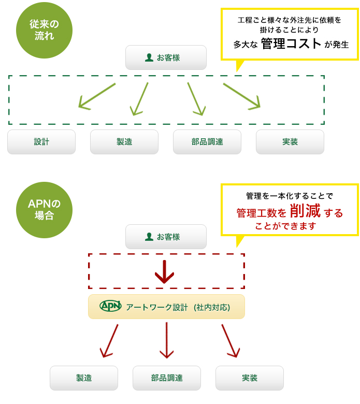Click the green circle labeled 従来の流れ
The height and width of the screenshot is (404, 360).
(x=44, y=30)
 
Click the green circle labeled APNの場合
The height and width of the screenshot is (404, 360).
(x=44, y=210)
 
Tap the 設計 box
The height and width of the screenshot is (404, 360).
(x=41, y=142)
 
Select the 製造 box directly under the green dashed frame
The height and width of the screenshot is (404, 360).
(x=124, y=142)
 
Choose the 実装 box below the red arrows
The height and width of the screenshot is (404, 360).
(x=250, y=378)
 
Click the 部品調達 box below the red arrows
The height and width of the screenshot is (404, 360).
(x=167, y=378)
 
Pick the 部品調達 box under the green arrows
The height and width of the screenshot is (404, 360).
(x=207, y=142)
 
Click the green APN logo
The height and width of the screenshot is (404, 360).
(x=110, y=306)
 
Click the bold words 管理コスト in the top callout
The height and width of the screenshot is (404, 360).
(x=291, y=44)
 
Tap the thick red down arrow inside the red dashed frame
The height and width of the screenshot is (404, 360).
(x=164, y=271)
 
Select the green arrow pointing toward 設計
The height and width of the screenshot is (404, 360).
(x=97, y=96)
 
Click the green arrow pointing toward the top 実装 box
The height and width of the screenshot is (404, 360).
(x=241, y=96)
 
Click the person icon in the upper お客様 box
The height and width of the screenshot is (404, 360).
(x=149, y=57)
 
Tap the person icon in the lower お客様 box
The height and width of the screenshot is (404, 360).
(x=149, y=237)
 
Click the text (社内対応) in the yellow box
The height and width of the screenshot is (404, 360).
(x=212, y=307)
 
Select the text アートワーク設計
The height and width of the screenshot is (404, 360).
(x=157, y=307)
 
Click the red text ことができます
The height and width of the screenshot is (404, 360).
(x=285, y=226)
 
